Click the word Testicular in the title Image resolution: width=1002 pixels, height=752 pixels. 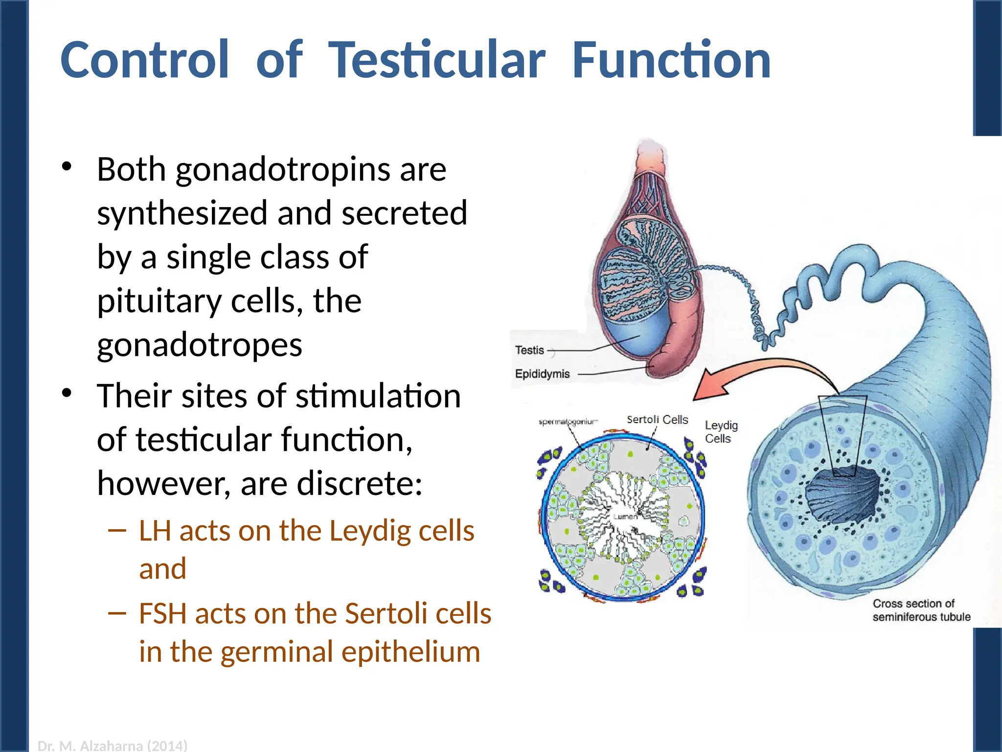point(436,60)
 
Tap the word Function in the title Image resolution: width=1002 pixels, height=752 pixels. point(671,60)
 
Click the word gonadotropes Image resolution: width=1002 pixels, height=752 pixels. point(200,346)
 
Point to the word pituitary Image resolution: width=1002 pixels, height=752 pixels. point(159,302)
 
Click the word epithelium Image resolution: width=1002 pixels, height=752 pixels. point(410,652)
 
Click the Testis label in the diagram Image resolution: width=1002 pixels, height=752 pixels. point(529,351)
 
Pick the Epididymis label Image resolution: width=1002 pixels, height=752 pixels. point(542,374)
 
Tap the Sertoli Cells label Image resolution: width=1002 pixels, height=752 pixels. point(657,420)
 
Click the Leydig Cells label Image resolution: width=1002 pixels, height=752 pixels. point(721,432)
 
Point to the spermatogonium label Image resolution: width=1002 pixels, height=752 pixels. point(568,422)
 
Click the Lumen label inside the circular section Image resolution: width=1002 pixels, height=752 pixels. point(625,517)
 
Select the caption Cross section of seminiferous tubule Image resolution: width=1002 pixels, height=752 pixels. point(921,611)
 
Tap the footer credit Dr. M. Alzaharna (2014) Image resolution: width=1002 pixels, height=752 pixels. point(112,746)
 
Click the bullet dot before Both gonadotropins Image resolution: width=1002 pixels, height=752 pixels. point(67,167)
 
